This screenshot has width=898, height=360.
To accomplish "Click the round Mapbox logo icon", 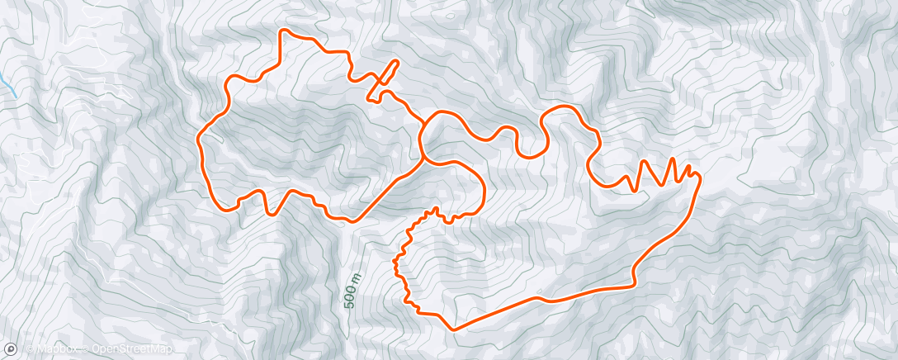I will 11,349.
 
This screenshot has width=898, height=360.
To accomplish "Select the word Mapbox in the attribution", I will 49,350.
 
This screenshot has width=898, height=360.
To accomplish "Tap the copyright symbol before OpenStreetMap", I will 84,350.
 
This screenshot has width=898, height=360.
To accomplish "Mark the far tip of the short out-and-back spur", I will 397,62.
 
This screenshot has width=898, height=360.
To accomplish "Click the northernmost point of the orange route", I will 286,31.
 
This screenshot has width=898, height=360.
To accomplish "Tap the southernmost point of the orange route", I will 453,329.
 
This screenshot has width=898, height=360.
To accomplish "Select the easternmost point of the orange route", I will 700,176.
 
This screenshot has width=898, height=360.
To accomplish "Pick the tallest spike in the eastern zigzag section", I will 673,159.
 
